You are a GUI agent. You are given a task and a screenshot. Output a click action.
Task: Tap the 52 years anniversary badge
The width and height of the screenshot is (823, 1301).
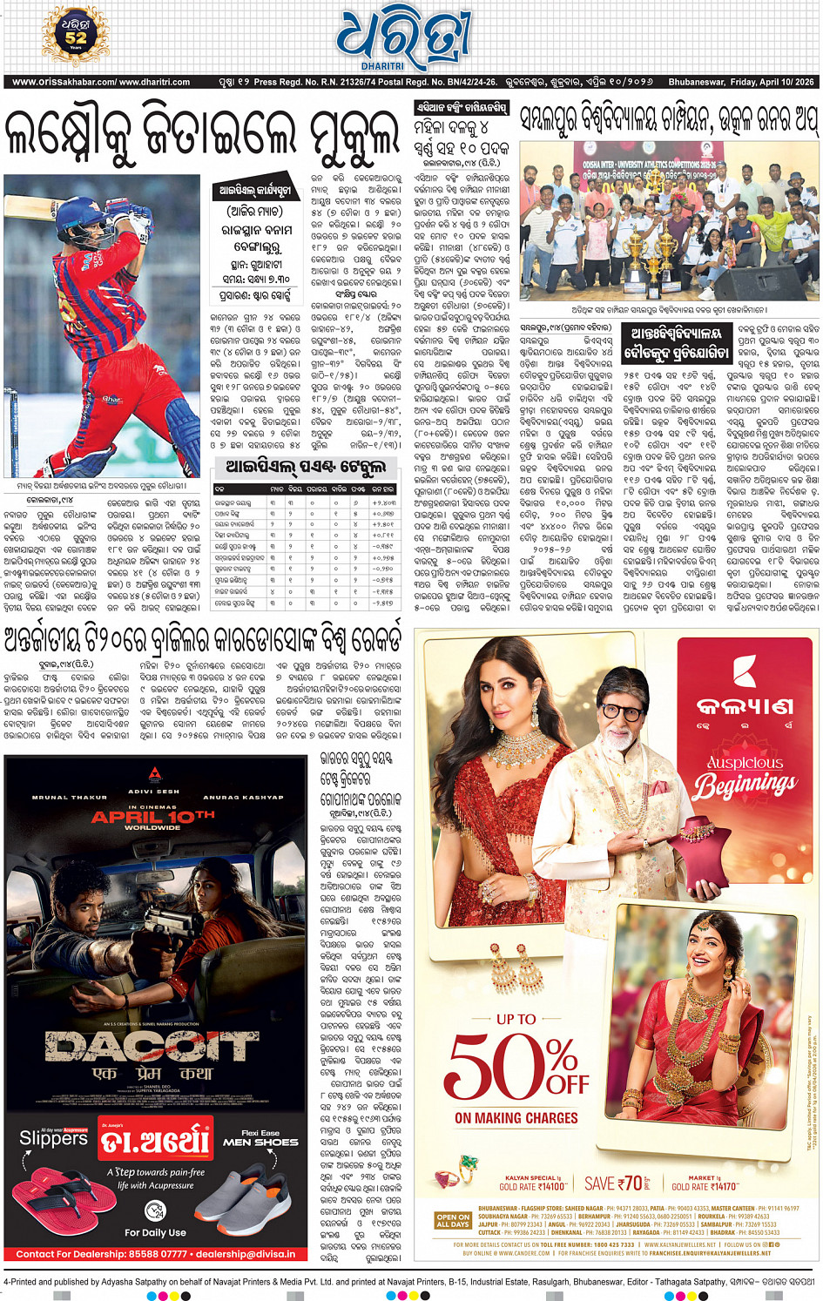(x=76, y=36)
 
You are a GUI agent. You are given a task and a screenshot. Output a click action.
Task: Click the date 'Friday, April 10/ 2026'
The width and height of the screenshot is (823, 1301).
(x=741, y=82)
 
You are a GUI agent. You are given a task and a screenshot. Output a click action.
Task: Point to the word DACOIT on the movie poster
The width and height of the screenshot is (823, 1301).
(x=152, y=1046)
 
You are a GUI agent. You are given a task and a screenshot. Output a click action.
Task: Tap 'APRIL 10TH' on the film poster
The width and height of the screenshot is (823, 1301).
(x=153, y=817)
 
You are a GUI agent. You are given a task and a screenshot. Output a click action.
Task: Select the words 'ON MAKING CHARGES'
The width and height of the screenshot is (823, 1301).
(x=516, y=1117)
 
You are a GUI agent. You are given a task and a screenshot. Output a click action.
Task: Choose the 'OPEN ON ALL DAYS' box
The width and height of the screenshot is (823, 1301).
(x=453, y=1221)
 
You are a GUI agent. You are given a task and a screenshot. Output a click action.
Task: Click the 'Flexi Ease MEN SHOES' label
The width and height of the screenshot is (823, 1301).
(x=260, y=1137)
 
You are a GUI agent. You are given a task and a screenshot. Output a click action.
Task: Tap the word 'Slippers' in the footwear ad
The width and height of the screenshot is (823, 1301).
(x=53, y=1138)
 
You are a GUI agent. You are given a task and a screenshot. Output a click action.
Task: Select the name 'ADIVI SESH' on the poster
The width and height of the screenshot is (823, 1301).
(x=153, y=792)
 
